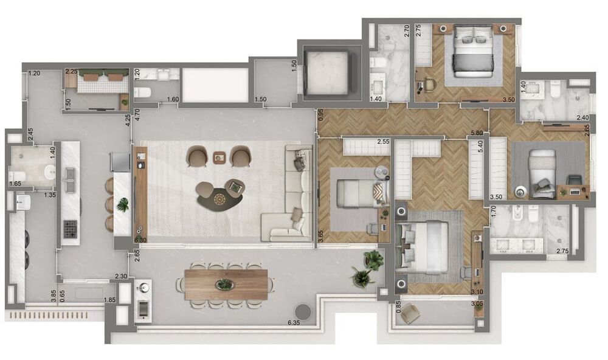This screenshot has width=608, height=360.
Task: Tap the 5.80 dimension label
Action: [x=476, y=133]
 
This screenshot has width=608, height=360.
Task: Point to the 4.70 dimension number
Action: [x=137, y=113]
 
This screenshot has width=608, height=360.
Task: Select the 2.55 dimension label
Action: [x=382, y=142]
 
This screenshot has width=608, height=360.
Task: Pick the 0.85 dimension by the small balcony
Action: [x=399, y=308]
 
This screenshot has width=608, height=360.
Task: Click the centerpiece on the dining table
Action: [x=224, y=284]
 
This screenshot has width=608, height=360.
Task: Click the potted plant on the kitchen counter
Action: [x=123, y=205]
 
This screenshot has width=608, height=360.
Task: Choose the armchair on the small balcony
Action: [x=410, y=313]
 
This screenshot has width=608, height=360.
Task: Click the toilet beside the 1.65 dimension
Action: [x=17, y=177]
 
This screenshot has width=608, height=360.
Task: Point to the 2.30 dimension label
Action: [x=121, y=277]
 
